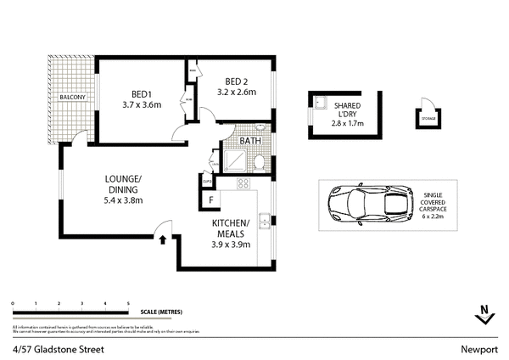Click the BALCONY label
click(72, 98)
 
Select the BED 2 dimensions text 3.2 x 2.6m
click(237, 93)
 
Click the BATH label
click(249, 142)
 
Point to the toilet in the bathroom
click(260, 161)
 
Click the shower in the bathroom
click(234, 160)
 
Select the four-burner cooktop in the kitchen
click(243, 183)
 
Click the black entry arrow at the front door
click(163, 239)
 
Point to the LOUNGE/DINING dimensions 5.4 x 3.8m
click(123, 200)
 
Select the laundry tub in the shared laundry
click(321, 103)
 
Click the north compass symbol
click(484, 313)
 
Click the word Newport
click(478, 348)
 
